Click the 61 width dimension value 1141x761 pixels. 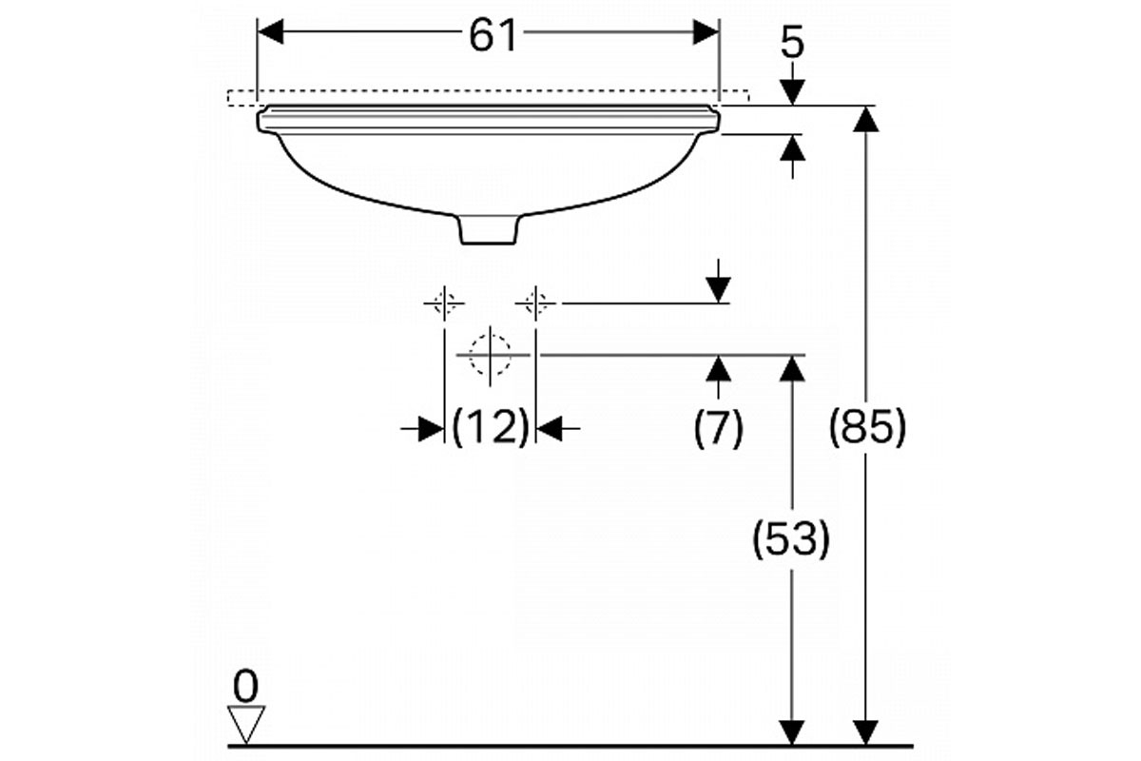493,35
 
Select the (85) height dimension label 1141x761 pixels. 867,427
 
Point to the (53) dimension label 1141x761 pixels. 791,538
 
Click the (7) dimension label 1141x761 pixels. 718,428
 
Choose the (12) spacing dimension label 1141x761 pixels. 491,427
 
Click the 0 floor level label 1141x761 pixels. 245,687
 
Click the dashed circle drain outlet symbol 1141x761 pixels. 490,355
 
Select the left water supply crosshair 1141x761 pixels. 444,303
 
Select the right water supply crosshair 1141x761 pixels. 535,303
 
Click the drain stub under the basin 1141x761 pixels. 489,230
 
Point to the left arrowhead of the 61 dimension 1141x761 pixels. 271,32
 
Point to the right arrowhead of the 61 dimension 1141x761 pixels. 706,32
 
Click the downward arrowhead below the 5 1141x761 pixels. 792,92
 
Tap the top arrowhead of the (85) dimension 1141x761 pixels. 866,119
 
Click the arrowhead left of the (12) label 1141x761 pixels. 431,429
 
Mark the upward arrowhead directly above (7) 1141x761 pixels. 718,368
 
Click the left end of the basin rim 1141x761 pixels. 260,120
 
